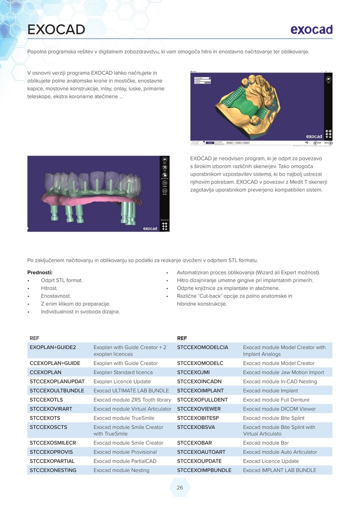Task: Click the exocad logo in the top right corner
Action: (x=311, y=29)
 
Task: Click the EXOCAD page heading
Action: (x=56, y=30)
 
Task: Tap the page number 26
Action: (x=180, y=488)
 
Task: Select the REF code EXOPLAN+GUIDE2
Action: (x=53, y=347)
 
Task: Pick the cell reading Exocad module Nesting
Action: (x=121, y=470)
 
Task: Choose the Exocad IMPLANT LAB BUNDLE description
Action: (x=279, y=470)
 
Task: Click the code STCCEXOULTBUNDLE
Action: (x=57, y=391)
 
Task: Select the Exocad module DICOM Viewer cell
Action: (x=279, y=409)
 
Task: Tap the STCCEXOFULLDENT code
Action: (x=202, y=400)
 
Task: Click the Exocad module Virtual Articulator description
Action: (x=132, y=409)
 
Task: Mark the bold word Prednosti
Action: (x=40, y=272)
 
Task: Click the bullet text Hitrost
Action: (x=49, y=288)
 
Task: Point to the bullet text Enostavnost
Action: (x=56, y=296)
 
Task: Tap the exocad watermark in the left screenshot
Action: (x=150, y=229)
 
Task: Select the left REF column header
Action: (x=34, y=338)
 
